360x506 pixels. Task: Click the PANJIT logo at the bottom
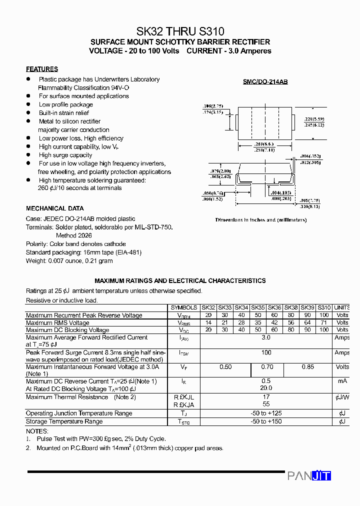(x=309, y=476)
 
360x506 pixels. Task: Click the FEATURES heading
(x=42, y=69)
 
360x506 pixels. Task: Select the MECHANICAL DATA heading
(x=55, y=208)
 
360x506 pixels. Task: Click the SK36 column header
(x=274, y=307)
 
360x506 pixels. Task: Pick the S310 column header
(x=324, y=307)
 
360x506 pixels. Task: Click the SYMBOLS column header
(x=184, y=307)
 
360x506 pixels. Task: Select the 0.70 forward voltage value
(x=267, y=367)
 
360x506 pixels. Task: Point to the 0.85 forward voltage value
(x=308, y=367)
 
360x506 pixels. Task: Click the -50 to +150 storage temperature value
(x=266, y=421)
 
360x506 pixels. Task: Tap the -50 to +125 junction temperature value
(x=266, y=413)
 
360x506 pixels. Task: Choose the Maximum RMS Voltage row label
(x=57, y=323)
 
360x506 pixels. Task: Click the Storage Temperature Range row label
(x=64, y=421)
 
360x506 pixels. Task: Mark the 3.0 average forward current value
(x=266, y=338)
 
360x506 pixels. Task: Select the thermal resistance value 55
(x=266, y=404)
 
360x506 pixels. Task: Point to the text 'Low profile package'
(x=66, y=104)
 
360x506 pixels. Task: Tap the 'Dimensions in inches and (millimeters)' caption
(x=261, y=220)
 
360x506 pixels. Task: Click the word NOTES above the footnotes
(x=37, y=431)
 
